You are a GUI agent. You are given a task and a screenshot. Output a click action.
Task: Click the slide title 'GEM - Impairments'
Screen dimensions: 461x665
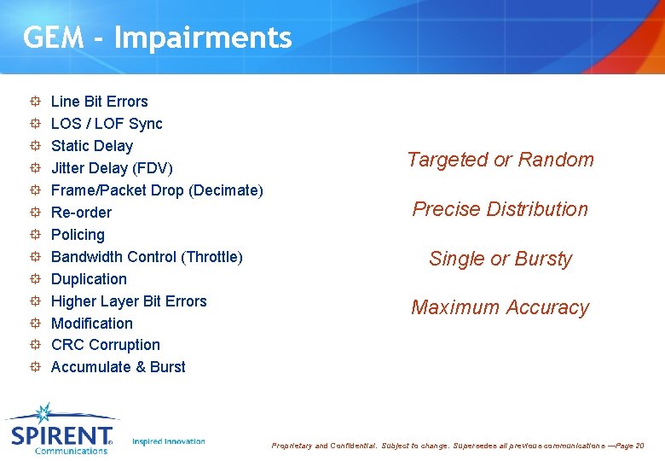158,38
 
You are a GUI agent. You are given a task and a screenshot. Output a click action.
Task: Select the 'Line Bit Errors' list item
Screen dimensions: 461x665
99,102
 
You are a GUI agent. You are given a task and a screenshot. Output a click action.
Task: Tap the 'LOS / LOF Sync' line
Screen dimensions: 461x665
107,124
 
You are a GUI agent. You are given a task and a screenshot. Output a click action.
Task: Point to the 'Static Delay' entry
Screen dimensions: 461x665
92,146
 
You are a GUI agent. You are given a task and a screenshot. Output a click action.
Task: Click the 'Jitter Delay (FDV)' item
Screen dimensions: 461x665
112,168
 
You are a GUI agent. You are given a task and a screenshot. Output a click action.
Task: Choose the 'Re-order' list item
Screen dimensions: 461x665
81,213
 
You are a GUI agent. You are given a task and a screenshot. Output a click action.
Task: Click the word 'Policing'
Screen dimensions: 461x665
78,235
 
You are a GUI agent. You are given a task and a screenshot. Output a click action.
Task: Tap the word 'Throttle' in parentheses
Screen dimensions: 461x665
211,257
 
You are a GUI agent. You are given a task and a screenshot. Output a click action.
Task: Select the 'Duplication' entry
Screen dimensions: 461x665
89,279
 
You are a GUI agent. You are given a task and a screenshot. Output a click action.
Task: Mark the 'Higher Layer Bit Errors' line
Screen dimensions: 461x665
129,301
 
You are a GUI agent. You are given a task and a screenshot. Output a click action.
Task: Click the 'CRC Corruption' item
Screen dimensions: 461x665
106,345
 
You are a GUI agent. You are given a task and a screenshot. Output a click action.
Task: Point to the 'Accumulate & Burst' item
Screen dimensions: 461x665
118,367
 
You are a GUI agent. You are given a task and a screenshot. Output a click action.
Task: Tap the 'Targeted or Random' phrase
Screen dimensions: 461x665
500,160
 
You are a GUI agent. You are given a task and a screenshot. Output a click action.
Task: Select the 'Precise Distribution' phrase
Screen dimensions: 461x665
500,209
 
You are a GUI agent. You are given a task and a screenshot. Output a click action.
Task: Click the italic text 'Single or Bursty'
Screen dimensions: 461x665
500,259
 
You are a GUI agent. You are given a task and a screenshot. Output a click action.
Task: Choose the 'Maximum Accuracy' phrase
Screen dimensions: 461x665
500,307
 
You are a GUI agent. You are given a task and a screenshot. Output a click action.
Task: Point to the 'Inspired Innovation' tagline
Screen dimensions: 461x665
169,441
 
